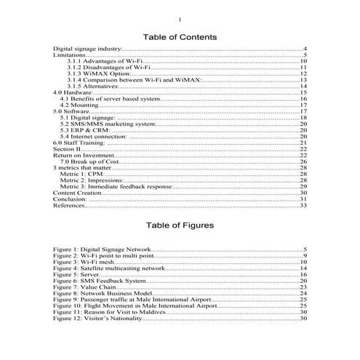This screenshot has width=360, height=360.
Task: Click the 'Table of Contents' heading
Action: tap(180, 36)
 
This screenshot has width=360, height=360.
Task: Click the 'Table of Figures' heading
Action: tap(180, 225)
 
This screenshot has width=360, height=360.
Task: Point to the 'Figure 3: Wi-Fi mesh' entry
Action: tap(83, 262)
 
